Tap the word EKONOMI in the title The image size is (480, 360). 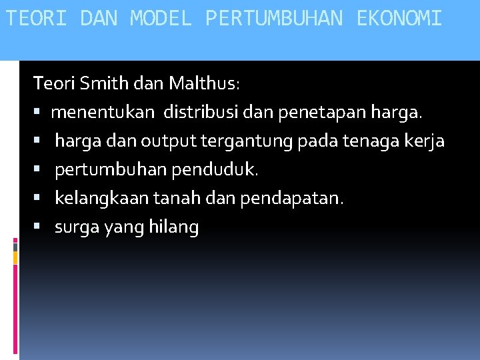click(x=399, y=18)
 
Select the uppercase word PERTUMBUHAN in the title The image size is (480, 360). click(x=274, y=18)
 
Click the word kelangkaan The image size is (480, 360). click(x=101, y=199)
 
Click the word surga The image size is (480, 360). click(x=76, y=228)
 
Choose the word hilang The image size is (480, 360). click(x=175, y=228)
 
